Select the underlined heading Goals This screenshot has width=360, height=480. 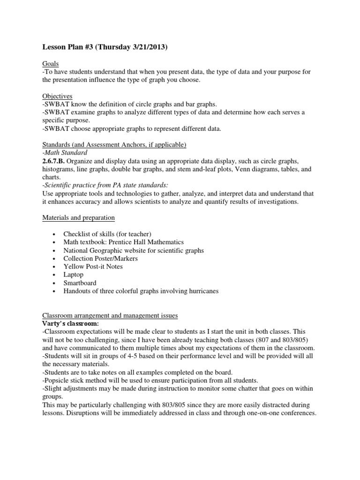[50, 63]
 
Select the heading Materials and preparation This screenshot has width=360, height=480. [78, 217]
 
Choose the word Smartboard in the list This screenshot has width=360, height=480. [80, 283]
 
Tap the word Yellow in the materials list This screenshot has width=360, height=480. [73, 266]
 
